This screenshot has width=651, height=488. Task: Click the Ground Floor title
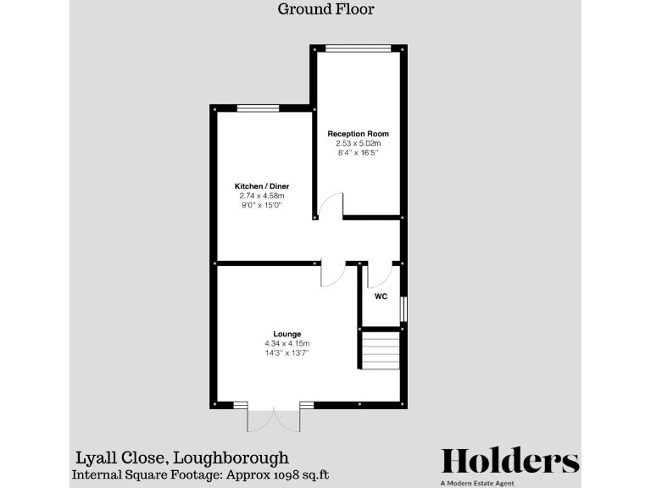(325, 10)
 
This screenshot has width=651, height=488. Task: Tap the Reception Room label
(358, 134)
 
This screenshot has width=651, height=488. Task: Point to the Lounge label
(287, 334)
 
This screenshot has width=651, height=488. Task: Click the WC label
(381, 297)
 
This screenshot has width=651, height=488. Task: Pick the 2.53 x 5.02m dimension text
(358, 144)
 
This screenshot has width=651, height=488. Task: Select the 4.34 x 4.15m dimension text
(287, 343)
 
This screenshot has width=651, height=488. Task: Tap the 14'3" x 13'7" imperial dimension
(287, 352)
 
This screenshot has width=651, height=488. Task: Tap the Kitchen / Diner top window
(257, 108)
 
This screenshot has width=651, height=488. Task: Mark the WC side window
(403, 308)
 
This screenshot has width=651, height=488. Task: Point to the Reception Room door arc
(331, 206)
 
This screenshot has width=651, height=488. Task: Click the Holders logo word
(510, 461)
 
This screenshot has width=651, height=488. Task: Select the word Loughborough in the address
(233, 457)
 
